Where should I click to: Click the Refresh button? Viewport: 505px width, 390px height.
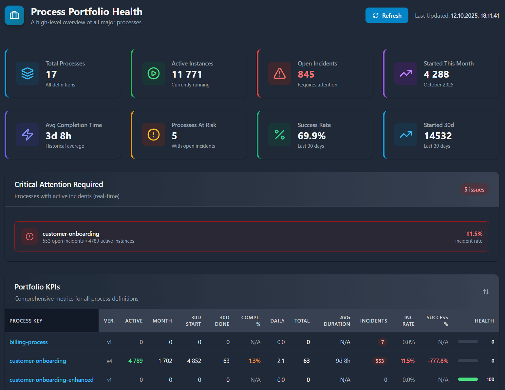tap(386, 15)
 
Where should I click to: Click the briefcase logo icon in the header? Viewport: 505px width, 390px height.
tap(14, 15)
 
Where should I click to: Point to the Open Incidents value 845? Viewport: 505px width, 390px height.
tap(306, 74)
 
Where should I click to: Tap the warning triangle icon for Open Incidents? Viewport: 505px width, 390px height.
tap(279, 73)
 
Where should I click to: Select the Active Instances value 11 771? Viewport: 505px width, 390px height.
tap(187, 74)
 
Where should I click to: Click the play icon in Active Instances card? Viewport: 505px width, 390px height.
tap(153, 73)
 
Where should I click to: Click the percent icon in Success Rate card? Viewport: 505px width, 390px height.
tap(279, 135)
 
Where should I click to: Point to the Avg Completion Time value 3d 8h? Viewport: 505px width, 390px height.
tap(58, 136)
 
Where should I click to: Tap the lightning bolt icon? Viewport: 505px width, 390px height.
tap(28, 135)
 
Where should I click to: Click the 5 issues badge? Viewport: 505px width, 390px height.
tap(474, 189)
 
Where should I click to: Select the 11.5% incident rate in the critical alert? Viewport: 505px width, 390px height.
tap(474, 233)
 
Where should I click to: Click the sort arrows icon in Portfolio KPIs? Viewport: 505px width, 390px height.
tap(486, 292)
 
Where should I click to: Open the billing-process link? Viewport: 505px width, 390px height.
tap(28, 342)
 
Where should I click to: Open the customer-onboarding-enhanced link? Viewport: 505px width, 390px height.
tap(51, 380)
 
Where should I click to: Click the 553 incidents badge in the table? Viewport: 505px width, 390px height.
tap(380, 361)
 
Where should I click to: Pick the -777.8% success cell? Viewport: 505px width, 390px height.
tap(438, 361)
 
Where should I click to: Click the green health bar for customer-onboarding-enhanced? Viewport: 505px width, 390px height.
tap(468, 379)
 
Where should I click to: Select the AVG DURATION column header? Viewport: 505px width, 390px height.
tap(337, 321)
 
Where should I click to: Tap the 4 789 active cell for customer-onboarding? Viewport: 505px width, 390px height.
tap(135, 361)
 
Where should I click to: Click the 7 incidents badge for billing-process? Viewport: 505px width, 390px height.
tap(382, 342)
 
